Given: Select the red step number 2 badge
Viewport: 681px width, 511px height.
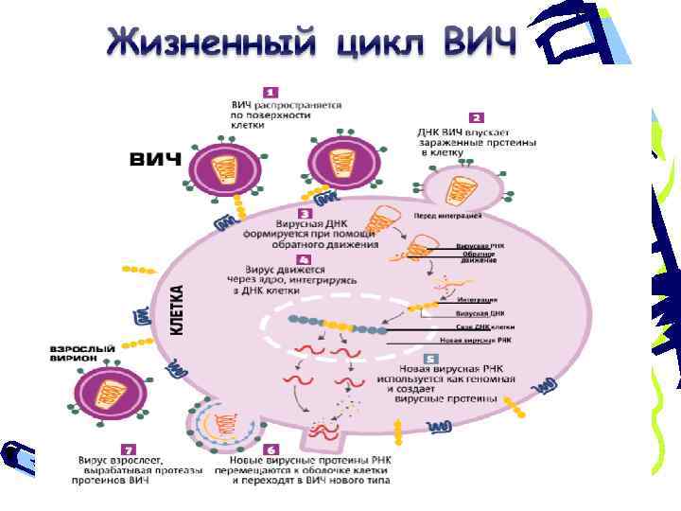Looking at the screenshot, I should pyautogui.click(x=477, y=117).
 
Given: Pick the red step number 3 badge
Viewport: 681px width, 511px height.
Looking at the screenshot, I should pyautogui.click(x=305, y=214).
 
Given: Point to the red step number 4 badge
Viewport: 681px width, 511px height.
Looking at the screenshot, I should pyautogui.click(x=304, y=258).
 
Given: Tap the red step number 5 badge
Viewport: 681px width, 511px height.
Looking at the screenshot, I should pyautogui.click(x=430, y=360).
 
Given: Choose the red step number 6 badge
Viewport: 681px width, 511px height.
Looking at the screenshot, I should pyautogui.click(x=272, y=449).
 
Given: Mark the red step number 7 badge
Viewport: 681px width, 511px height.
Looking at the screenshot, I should pyautogui.click(x=128, y=449).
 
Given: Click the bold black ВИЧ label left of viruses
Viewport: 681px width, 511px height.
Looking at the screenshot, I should pyautogui.click(x=155, y=159).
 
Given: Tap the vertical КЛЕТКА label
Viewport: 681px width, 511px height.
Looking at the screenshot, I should pyautogui.click(x=176, y=309).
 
